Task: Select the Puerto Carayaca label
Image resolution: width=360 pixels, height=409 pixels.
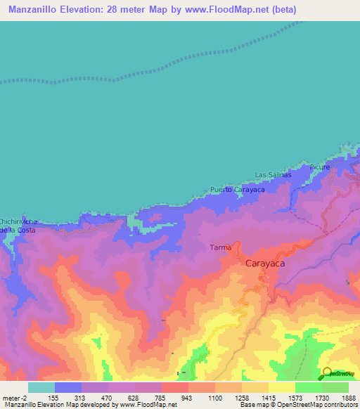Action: (236, 190)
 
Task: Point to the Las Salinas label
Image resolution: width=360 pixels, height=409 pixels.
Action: (272, 174)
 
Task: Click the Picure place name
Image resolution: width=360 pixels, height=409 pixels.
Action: (319, 168)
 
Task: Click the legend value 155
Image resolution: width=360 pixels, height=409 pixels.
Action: (54, 397)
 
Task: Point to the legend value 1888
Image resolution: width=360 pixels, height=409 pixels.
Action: (349, 397)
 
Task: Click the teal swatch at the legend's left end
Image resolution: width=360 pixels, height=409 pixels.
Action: (41, 387)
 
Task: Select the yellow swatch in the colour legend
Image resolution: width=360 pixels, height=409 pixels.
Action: (281, 387)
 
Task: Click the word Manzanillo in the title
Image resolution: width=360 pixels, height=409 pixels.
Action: (34, 9)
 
